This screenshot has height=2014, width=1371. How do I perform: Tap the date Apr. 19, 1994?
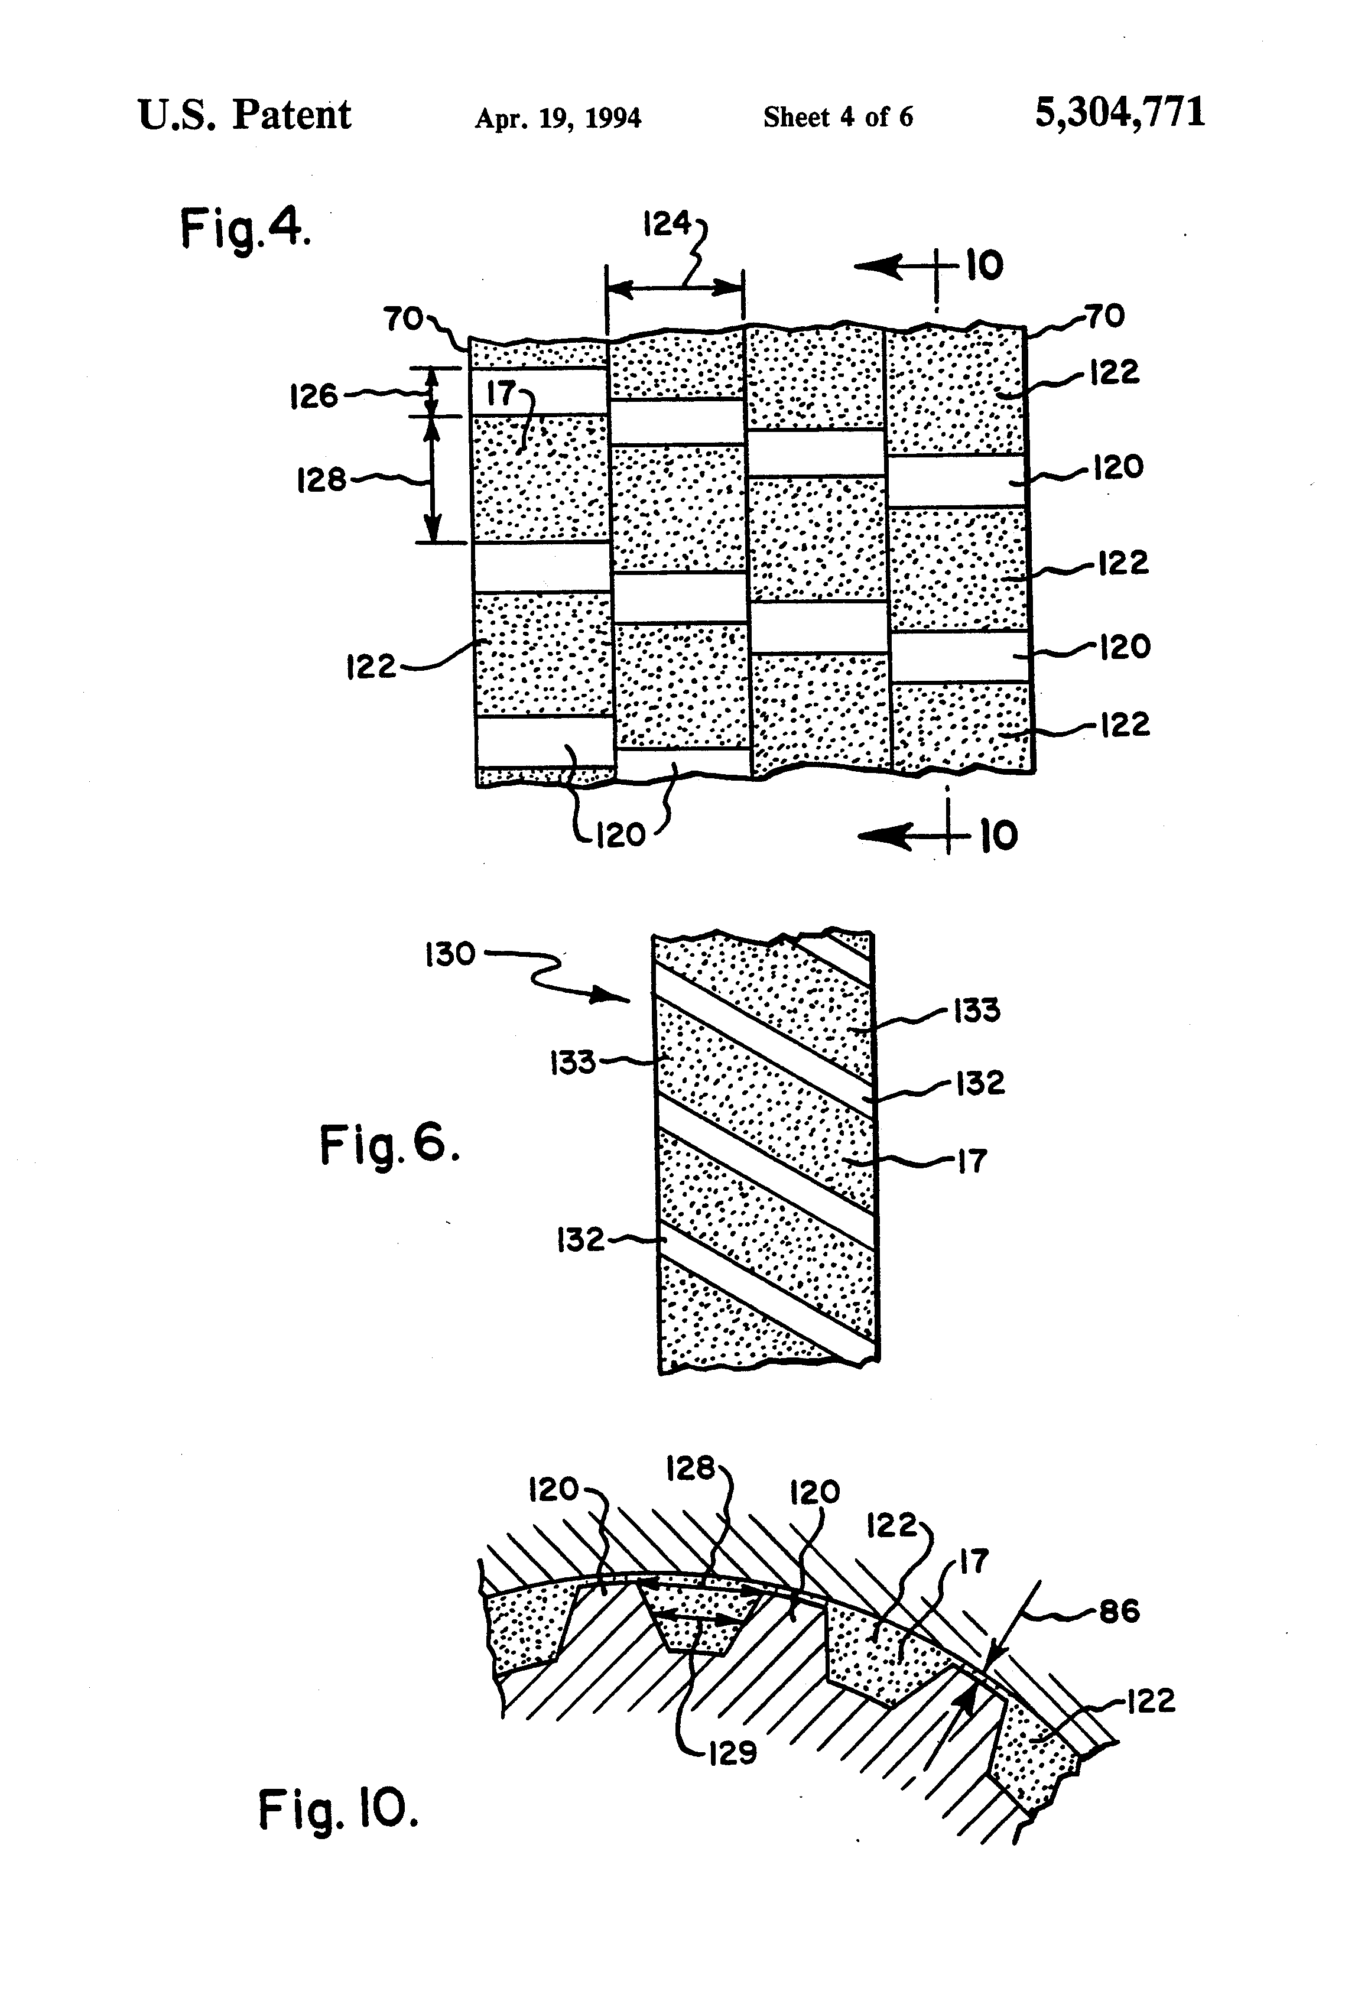pos(557,118)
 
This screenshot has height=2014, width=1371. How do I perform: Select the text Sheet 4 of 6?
pos(837,117)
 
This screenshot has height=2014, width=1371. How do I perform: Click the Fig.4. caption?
pos(245,230)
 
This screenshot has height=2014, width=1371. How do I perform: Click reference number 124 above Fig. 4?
pos(667,225)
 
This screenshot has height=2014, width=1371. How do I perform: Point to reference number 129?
pos(732,1753)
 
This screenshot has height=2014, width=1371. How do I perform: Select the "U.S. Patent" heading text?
pos(245,115)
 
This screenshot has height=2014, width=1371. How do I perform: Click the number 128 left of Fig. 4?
pos(321,480)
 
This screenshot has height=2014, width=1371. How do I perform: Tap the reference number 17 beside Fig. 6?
pos(972,1161)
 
